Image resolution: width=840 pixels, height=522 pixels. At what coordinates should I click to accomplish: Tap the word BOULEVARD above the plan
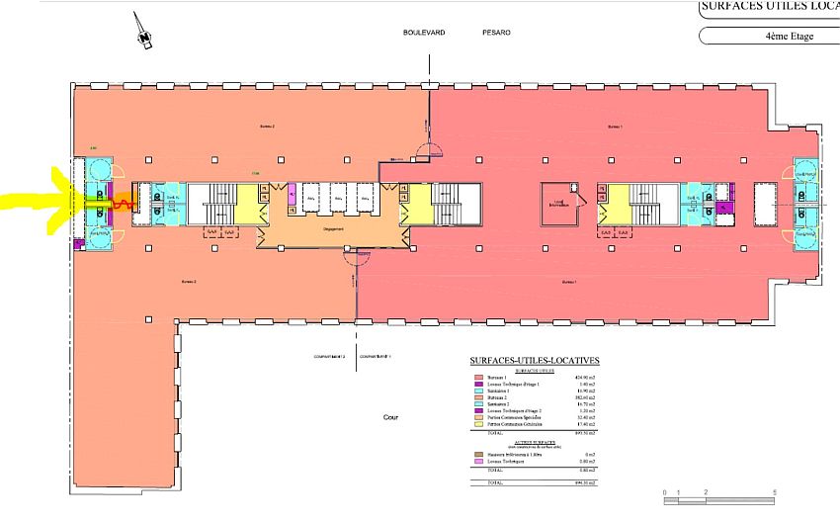[424, 33]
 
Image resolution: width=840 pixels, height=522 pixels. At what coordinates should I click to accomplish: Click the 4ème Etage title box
[770, 36]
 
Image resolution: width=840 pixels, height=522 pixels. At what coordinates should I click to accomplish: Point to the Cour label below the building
[391, 417]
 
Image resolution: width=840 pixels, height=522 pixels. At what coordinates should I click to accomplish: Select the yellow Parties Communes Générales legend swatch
[479, 424]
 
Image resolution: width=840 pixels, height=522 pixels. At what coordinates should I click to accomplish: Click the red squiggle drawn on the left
[124, 204]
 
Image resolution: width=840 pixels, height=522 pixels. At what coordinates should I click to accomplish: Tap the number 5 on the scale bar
[776, 491]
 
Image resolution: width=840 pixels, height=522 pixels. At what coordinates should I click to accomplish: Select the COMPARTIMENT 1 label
[377, 356]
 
